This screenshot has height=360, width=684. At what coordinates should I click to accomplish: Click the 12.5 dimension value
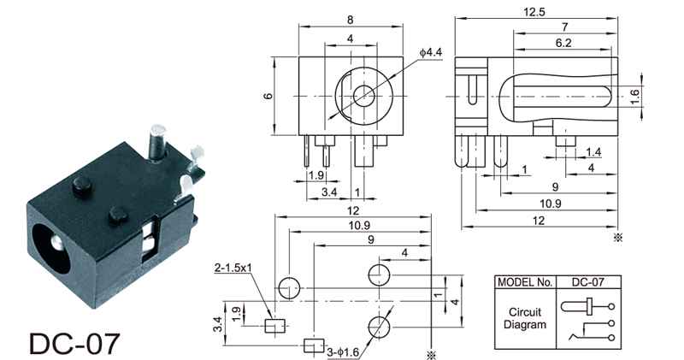click(x=534, y=12)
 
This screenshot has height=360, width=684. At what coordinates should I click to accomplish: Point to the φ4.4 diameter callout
click(x=431, y=52)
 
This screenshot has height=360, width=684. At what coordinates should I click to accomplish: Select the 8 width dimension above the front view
click(x=351, y=20)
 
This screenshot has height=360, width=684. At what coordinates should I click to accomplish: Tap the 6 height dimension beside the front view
click(x=268, y=96)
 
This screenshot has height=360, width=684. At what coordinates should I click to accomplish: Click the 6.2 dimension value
click(x=563, y=43)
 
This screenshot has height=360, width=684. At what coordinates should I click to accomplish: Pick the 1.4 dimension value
click(x=593, y=152)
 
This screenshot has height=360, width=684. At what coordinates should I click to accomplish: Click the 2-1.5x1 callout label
click(x=233, y=268)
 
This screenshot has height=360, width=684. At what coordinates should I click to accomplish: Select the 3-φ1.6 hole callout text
click(x=343, y=352)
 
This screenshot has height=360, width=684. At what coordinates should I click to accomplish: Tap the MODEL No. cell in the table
click(x=525, y=282)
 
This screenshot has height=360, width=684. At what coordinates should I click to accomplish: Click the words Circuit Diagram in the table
click(x=525, y=319)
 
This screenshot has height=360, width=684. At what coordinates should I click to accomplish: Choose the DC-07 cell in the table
click(x=588, y=282)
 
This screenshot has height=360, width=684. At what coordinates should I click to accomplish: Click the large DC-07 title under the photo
click(x=74, y=344)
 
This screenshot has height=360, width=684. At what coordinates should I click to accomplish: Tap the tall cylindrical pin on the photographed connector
click(x=157, y=142)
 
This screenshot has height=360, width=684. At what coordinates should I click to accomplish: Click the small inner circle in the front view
click(x=363, y=96)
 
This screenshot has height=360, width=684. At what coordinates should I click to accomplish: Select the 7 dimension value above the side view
click(x=565, y=27)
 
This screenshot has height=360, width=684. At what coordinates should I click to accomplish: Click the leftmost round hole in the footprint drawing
click(x=289, y=288)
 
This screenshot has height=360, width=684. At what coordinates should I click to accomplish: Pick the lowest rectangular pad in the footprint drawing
click(x=314, y=345)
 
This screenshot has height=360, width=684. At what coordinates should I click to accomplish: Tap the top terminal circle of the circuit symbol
click(x=611, y=307)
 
